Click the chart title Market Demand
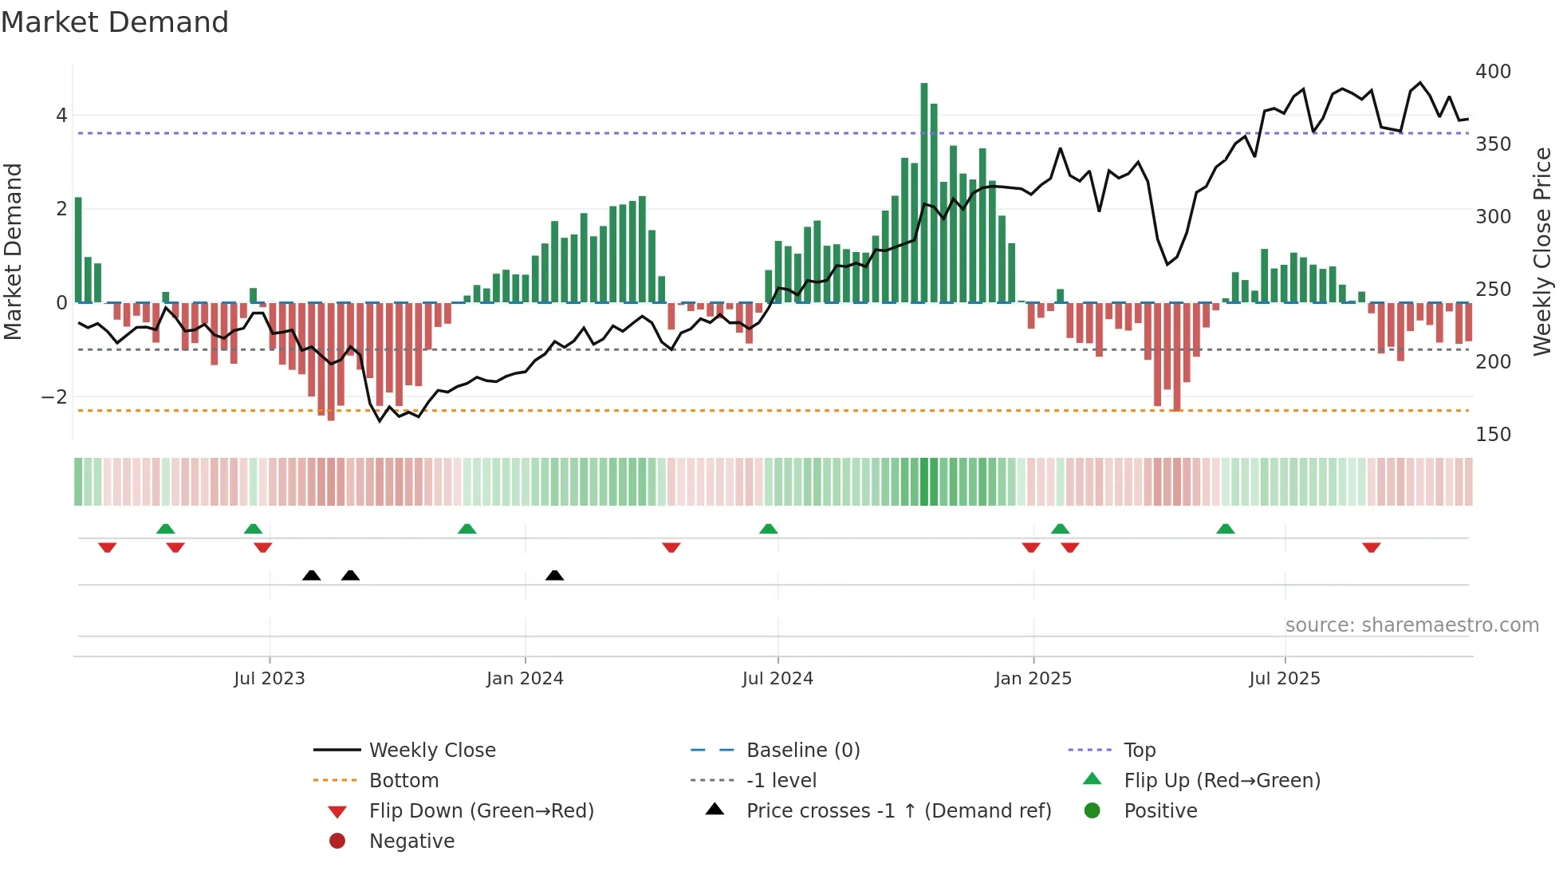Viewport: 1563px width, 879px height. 115,22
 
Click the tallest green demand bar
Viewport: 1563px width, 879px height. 924,191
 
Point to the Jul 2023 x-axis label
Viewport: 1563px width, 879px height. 270,679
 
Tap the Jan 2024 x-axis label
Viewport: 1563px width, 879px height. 525,679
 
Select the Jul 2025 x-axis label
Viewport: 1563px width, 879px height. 1285,679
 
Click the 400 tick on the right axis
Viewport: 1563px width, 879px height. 1493,72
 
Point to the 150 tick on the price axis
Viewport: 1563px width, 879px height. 1493,435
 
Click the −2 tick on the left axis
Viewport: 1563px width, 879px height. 54,397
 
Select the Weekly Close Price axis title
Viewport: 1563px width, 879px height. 1542,251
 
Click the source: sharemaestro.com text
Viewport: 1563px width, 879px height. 1411,625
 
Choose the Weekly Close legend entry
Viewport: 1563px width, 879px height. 431,751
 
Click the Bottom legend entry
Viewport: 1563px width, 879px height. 404,781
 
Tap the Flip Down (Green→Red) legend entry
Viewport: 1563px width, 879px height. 481,811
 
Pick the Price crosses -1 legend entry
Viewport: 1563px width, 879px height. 898,811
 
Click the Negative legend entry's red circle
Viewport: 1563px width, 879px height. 337,842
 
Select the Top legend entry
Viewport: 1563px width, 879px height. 1140,751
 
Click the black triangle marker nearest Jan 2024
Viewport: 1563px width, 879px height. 555,576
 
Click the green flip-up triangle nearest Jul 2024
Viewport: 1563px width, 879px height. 769,530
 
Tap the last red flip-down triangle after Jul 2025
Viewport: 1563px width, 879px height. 1372,547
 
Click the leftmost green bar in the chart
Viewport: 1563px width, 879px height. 78,249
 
